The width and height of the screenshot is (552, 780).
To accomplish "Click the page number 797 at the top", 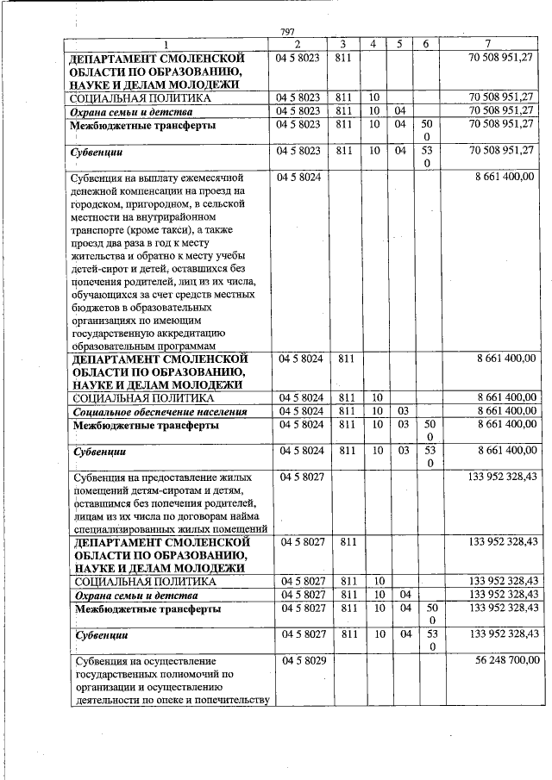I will click(x=288, y=32).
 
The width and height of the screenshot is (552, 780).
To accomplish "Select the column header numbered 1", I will click(x=167, y=44).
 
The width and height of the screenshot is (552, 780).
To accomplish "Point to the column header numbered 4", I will click(x=373, y=44).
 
